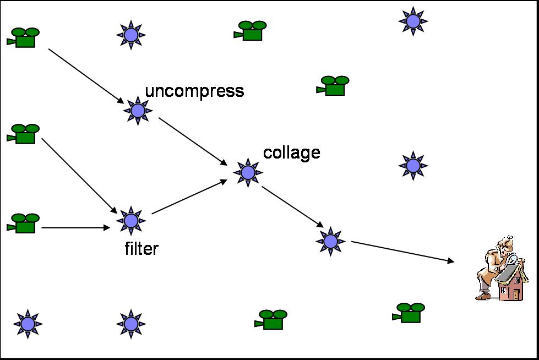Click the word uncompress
(194, 90)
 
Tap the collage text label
(292, 152)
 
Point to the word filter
(141, 249)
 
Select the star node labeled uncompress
(138, 111)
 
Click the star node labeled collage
(248, 172)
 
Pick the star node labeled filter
(131, 221)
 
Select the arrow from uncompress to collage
(193, 141)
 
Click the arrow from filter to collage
(189, 197)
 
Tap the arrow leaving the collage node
(292, 206)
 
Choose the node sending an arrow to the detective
(330, 241)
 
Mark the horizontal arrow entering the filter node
(76, 227)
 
